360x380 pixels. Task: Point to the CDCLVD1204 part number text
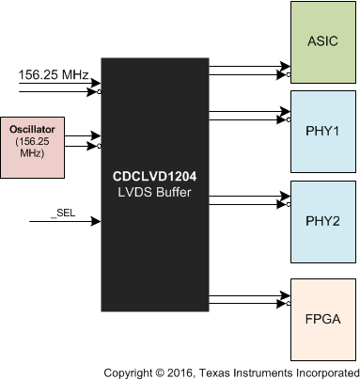point(155,175)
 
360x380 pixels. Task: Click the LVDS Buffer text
point(155,191)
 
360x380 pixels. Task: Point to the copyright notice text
point(231,371)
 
